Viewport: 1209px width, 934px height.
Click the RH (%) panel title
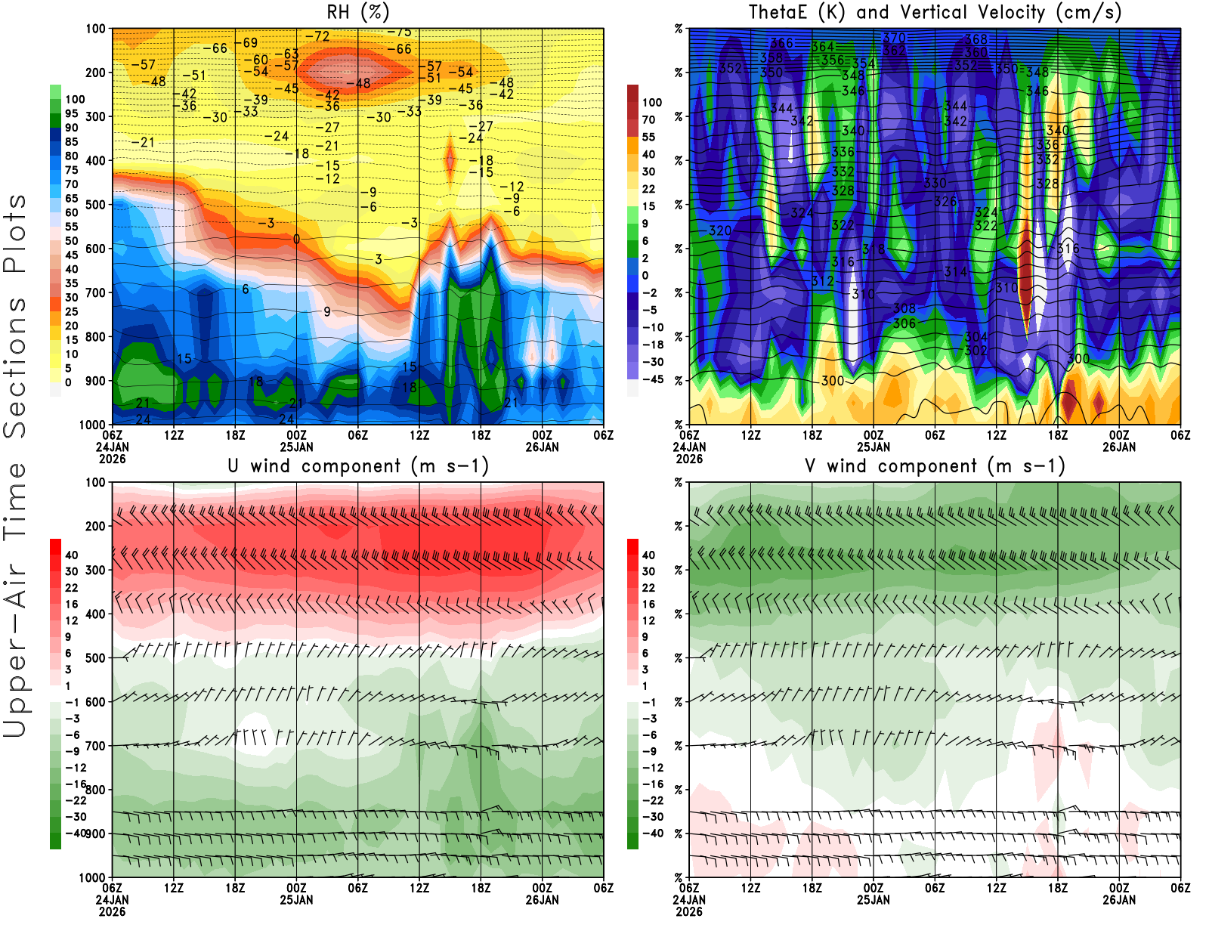357,13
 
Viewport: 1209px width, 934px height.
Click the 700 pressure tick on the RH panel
95,292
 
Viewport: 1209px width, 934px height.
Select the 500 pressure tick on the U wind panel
95,658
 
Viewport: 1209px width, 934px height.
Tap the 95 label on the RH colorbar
71,113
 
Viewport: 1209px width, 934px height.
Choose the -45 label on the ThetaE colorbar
653,379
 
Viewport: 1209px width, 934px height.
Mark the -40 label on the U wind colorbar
76,833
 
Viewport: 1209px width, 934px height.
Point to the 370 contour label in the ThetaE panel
894,38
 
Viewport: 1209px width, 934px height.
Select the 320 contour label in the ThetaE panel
720,230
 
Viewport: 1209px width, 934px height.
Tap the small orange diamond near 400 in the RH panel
450,160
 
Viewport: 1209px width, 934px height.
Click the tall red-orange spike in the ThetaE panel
1025,272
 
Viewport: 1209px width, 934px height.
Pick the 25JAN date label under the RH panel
296,447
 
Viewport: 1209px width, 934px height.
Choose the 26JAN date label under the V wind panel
1119,900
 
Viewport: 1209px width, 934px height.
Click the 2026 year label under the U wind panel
112,911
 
